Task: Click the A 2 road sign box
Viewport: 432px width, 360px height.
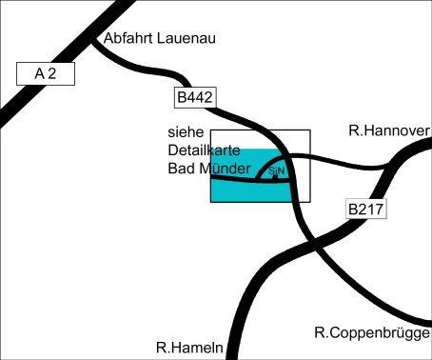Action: (x=46, y=73)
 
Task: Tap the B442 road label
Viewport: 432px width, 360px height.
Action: (x=195, y=97)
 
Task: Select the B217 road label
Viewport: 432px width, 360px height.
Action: (x=366, y=209)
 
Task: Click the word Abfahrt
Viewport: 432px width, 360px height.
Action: (x=128, y=38)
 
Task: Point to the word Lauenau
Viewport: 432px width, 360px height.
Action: (x=187, y=38)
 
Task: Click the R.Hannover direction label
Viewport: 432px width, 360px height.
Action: (x=389, y=130)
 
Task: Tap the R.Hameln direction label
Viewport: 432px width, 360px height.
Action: (x=189, y=348)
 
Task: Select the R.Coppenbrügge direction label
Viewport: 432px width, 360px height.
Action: (x=372, y=333)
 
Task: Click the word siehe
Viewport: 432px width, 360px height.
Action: (x=186, y=132)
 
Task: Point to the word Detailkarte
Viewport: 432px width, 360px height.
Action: (x=204, y=150)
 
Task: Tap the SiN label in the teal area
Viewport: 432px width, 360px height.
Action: (x=276, y=170)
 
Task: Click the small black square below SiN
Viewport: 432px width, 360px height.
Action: (x=275, y=177)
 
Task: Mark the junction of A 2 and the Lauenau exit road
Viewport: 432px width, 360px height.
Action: (x=92, y=41)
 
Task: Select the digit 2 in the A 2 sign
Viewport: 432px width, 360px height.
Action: (x=52, y=73)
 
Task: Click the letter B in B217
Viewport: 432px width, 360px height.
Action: (x=353, y=209)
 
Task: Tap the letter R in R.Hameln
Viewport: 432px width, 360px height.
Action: (x=161, y=348)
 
